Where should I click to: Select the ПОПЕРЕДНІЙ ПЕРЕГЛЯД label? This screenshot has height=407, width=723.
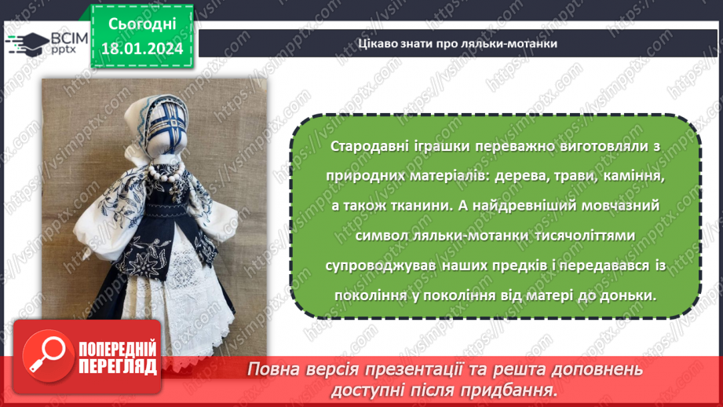pos(117,357)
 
